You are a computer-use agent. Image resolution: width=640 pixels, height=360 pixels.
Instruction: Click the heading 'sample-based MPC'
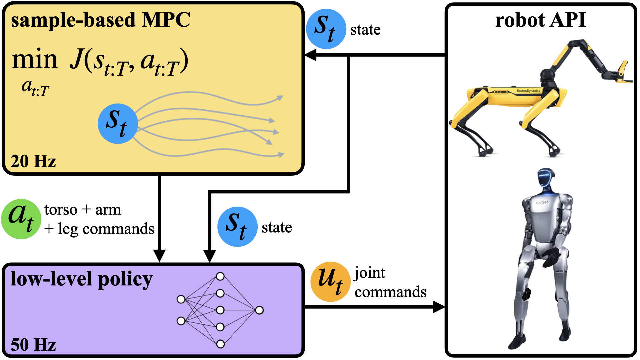(100, 20)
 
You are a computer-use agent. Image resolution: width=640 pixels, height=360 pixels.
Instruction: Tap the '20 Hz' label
(33, 161)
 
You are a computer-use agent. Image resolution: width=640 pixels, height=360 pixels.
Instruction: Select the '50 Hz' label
(33, 345)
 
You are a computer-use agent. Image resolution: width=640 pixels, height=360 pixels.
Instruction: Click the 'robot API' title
(540, 20)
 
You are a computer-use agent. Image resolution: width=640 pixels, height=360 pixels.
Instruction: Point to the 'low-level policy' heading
(82, 279)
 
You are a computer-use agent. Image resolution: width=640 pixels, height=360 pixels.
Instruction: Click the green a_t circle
(21, 219)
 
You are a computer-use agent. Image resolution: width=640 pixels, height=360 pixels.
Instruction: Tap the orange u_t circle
(330, 282)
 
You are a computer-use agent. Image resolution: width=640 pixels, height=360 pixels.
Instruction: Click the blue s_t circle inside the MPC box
(118, 124)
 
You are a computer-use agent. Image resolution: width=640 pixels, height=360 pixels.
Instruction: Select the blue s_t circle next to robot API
(326, 29)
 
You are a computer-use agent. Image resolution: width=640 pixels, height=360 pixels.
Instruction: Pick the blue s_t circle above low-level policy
(237, 227)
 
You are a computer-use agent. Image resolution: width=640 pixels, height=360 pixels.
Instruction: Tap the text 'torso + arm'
(83, 210)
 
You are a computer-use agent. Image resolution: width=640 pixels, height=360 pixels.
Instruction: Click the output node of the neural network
(259, 310)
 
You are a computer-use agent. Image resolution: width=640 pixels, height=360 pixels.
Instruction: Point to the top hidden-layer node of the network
(220, 276)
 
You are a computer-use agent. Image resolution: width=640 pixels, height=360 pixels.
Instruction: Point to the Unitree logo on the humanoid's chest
(542, 202)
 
